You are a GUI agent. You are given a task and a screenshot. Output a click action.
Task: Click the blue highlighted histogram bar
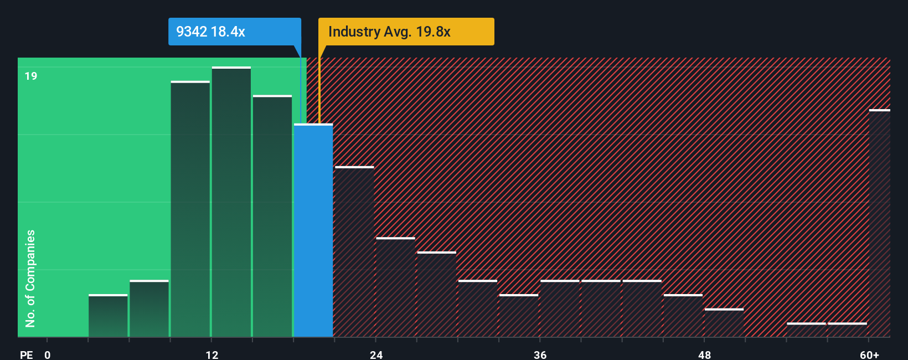click(313, 230)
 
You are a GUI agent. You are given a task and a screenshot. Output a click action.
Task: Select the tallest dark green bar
click(231, 202)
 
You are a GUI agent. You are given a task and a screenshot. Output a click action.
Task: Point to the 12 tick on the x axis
click(212, 354)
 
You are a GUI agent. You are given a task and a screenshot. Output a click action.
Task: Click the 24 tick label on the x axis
click(376, 354)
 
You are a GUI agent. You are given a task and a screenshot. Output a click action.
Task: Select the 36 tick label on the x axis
click(540, 354)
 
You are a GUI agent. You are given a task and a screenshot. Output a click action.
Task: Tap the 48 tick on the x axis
click(704, 354)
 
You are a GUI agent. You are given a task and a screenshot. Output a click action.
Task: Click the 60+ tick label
click(869, 354)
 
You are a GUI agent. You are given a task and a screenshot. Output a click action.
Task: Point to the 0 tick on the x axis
click(48, 354)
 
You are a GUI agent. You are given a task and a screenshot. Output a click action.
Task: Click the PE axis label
click(26, 354)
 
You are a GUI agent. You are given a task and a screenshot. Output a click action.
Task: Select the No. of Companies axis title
click(30, 278)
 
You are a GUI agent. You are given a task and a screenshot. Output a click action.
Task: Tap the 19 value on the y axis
click(31, 76)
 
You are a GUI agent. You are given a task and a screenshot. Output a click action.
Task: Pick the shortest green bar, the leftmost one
click(108, 316)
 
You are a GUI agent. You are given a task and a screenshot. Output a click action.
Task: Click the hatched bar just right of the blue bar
click(354, 252)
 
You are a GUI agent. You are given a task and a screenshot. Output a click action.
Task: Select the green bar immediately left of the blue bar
click(272, 216)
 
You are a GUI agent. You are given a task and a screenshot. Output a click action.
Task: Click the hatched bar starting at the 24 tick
click(395, 287)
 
